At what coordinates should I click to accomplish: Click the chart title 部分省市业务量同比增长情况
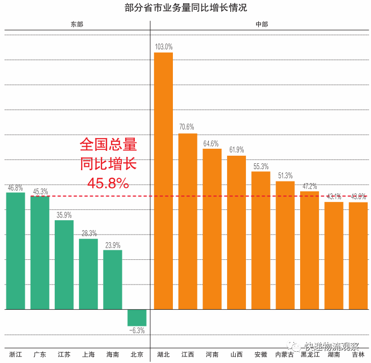(185, 8)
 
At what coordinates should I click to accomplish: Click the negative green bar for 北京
(137, 317)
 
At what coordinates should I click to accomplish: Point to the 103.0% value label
(163, 47)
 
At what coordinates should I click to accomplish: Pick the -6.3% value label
(137, 330)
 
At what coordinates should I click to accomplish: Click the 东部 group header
(77, 25)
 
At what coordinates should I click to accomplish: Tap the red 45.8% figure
(108, 183)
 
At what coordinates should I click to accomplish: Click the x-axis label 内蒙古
(285, 354)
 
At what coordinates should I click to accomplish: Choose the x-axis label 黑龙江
(310, 354)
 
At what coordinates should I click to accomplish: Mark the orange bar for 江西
(188, 221)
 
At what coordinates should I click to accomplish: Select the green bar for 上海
(89, 274)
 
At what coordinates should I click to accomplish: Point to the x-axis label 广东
(40, 354)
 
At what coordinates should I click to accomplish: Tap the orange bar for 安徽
(261, 240)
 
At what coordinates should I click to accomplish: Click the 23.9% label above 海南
(113, 244)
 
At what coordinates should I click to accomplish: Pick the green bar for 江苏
(64, 265)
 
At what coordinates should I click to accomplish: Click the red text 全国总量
(108, 144)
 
